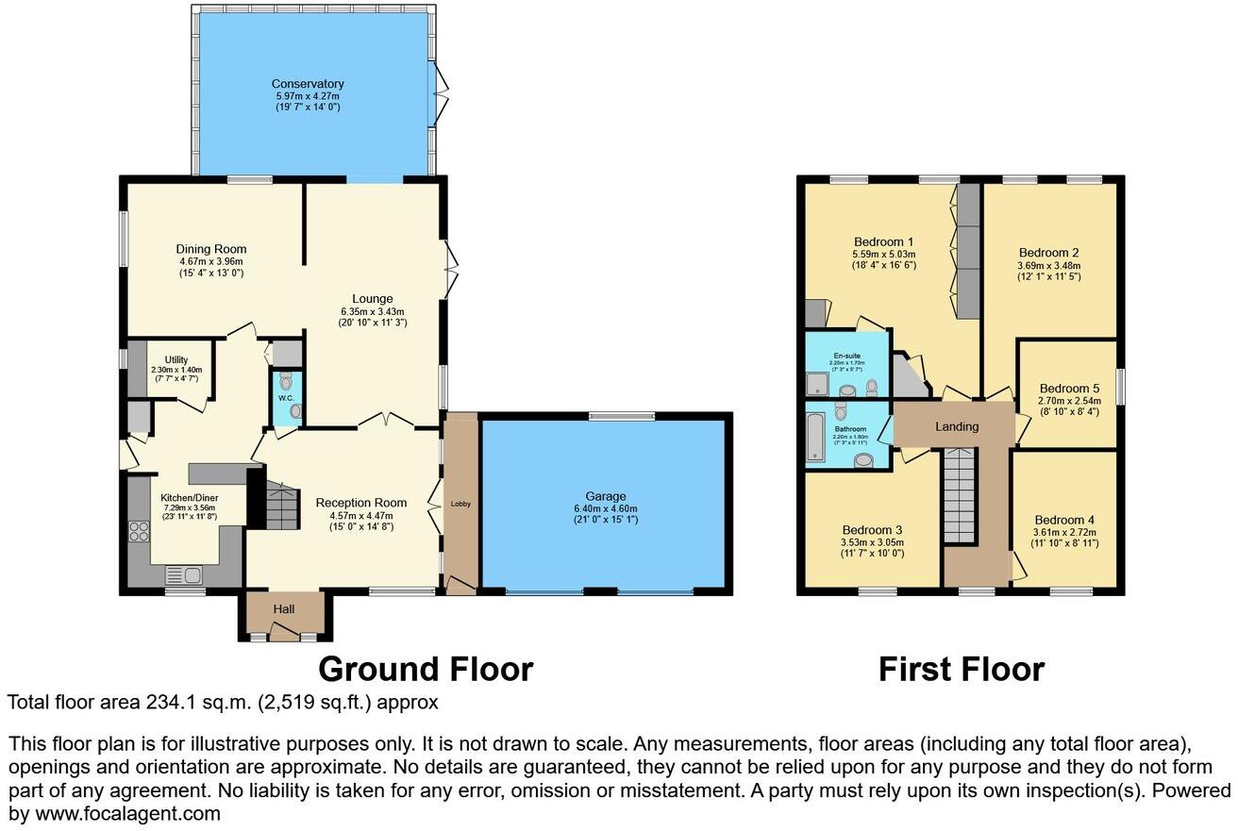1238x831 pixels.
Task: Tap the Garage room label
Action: point(604,496)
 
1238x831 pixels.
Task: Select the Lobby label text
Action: point(460,504)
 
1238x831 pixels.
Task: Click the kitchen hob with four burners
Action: point(139,531)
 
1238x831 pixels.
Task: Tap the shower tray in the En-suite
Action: point(814,383)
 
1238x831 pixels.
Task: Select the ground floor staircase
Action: point(281,504)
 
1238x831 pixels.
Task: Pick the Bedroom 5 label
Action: point(1069,388)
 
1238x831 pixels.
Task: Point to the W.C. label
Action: point(286,398)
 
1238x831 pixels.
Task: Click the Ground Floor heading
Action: point(426,669)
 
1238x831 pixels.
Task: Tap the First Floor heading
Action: point(961,669)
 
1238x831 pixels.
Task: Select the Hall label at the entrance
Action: point(284,610)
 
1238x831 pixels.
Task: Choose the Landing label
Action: point(957,426)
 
